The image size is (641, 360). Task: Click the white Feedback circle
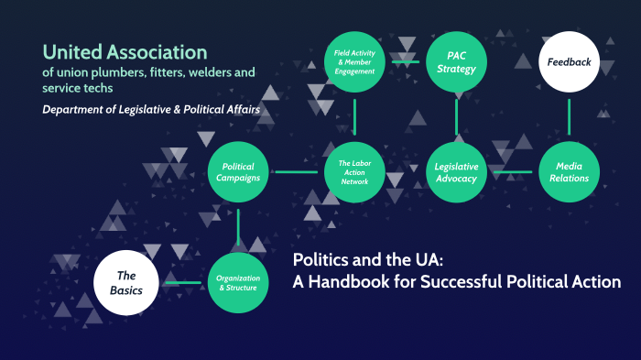pyautogui.click(x=570, y=63)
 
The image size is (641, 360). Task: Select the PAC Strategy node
pyautogui.click(x=456, y=62)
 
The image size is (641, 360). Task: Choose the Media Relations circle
pyautogui.click(x=570, y=171)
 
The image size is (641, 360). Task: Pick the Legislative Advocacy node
pyautogui.click(x=456, y=171)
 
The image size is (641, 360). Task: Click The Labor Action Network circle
pyautogui.click(x=354, y=171)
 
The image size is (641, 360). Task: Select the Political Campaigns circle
pyautogui.click(x=238, y=171)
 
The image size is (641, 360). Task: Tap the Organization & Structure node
pyautogui.click(x=238, y=282)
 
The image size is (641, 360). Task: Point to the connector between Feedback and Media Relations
pyautogui.click(x=570, y=117)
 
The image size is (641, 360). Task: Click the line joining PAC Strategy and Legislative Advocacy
pyautogui.click(x=456, y=117)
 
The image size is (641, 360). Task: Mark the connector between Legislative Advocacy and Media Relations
pyautogui.click(x=513, y=171)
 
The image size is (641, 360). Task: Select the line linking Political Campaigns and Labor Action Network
pyautogui.click(x=296, y=171)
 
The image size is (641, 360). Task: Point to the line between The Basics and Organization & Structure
pyautogui.click(x=181, y=282)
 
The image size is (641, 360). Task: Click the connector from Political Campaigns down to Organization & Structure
pyautogui.click(x=238, y=227)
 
